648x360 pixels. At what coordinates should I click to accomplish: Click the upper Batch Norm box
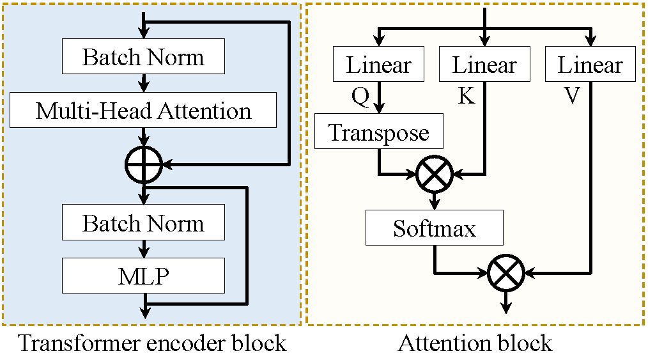[143, 58]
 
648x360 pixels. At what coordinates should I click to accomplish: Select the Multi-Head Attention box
[143, 111]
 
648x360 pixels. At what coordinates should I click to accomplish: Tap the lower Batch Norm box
[143, 223]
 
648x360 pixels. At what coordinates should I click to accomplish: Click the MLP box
[143, 276]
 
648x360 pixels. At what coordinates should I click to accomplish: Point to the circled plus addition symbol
[144, 165]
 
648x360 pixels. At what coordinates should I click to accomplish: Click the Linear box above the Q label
[378, 65]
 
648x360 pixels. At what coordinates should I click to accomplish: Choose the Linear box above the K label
[484, 65]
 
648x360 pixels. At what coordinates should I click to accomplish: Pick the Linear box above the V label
[590, 65]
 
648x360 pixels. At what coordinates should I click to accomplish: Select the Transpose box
[378, 133]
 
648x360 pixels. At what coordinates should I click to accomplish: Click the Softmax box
[435, 228]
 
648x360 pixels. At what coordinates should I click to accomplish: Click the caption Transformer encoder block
[151, 343]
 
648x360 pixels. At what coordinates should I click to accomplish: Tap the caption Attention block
[475, 343]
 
